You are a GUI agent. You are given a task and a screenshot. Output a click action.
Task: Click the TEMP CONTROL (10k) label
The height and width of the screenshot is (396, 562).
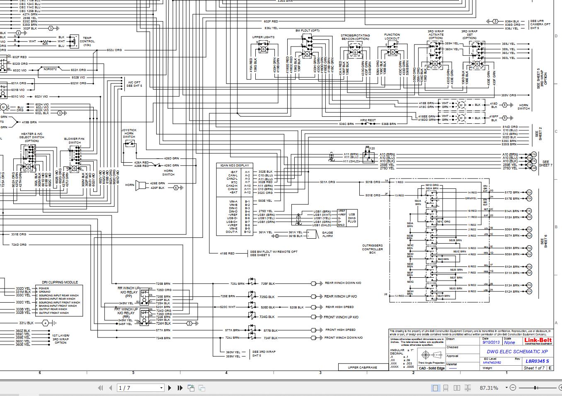pos(87,41)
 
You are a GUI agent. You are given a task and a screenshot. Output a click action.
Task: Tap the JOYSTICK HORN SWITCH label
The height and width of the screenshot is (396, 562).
pos(129,133)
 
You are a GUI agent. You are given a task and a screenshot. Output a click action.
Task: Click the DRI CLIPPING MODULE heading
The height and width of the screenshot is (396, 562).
pos(60,282)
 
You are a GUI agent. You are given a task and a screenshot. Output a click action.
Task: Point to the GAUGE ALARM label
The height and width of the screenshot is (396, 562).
pos(327,234)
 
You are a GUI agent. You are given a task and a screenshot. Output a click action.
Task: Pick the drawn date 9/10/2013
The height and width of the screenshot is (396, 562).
pos(491,343)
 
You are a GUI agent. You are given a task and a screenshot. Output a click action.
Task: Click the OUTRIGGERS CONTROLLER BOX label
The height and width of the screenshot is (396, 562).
pos(372,249)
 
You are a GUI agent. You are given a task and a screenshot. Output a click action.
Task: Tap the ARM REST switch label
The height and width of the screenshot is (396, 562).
pos(368,120)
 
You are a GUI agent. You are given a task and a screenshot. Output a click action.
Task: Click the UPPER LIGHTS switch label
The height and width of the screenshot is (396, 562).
pos(263,37)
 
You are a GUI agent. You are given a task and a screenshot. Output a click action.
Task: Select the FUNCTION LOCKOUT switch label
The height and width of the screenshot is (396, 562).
pos(392,37)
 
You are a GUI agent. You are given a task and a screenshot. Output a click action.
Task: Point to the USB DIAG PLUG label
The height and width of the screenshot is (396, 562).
pos(352,218)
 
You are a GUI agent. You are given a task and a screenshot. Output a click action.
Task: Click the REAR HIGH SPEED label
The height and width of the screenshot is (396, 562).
pos(339,307)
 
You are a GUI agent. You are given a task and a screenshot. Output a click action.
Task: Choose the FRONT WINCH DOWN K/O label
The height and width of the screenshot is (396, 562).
pos(343,338)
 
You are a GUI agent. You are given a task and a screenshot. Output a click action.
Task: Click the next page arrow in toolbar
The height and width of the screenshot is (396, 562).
pos(170,388)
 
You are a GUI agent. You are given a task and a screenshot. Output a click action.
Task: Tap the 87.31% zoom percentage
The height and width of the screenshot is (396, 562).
pos(489,388)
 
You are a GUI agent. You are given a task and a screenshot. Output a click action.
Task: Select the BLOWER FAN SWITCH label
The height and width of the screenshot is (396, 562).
pos(75,141)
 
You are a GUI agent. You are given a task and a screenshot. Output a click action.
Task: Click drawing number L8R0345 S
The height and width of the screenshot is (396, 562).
pos(537,361)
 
